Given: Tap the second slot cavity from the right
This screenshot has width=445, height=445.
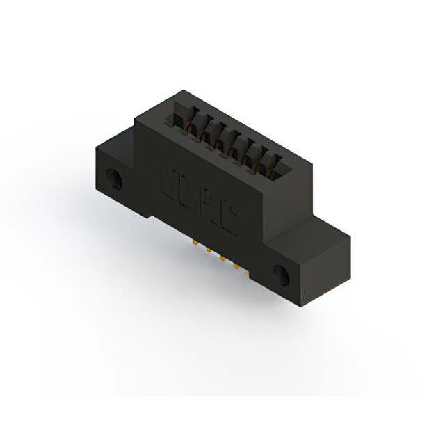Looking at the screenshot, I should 260,156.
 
